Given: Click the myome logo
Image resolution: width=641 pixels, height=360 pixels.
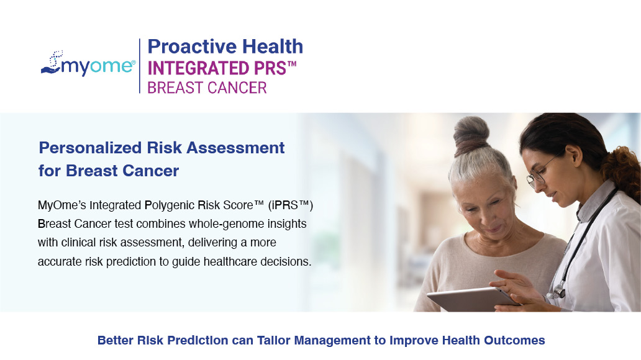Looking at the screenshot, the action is (88, 64).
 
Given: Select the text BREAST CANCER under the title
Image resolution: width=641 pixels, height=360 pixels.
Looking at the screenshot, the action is (207, 88).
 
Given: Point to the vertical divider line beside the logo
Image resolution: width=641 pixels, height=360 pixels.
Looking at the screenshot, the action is (140, 66).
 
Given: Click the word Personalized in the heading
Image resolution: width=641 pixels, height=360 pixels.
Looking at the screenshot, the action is (90, 148).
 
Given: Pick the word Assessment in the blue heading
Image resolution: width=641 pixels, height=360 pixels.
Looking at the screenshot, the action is (235, 148).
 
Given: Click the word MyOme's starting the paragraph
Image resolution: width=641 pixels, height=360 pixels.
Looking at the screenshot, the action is (61, 205).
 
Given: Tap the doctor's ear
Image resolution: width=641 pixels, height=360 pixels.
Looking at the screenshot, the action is (573, 156).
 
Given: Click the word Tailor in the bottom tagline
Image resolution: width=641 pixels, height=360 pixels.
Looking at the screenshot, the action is (273, 340).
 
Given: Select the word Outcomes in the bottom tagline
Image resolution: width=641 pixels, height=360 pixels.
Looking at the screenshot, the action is (514, 340).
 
